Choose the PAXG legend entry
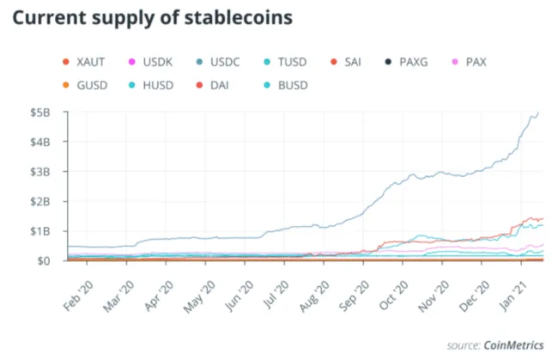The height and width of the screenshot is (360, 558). click(412, 62)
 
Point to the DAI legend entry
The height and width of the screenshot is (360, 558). click(218, 85)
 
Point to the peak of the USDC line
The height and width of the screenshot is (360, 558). click(538, 113)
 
